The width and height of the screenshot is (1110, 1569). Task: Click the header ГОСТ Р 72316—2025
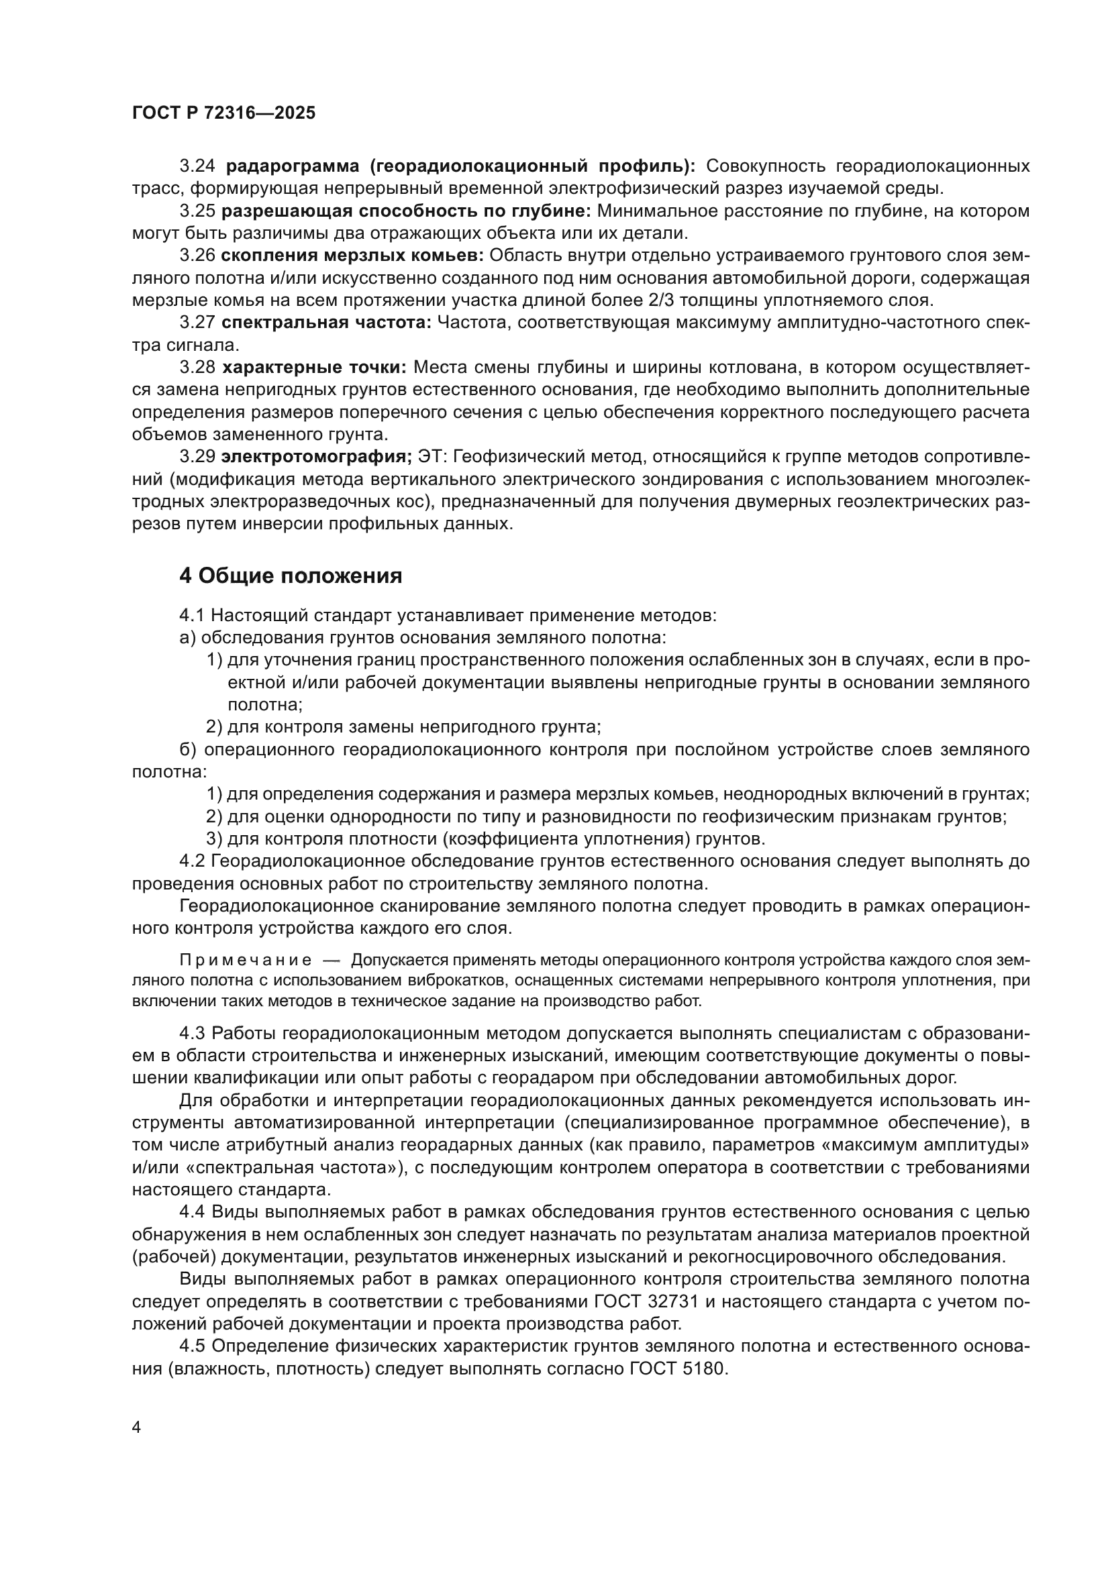point(223,113)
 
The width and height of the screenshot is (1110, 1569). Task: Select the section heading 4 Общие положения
point(291,576)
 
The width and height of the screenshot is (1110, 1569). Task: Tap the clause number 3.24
point(197,166)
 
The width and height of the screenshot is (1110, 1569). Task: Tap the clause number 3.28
point(197,367)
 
